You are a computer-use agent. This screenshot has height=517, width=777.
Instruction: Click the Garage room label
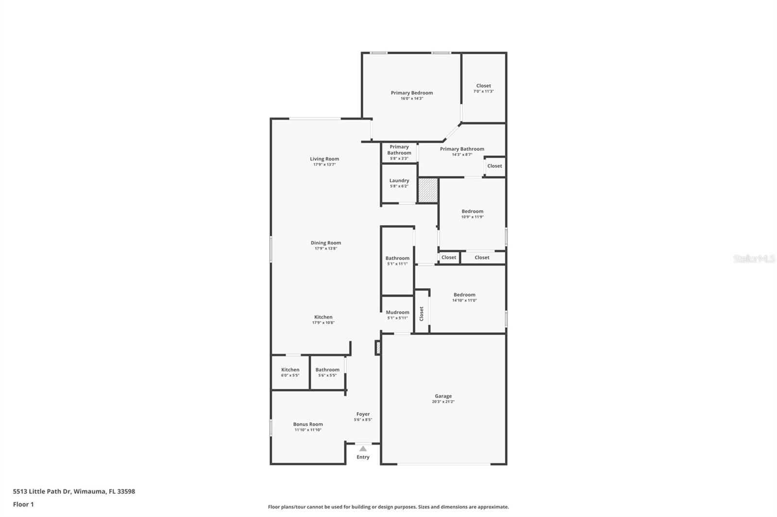(x=443, y=396)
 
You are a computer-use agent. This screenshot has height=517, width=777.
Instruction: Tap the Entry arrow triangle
(x=363, y=449)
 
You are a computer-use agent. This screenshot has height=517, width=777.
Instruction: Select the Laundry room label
(x=399, y=180)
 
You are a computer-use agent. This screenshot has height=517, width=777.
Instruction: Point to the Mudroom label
(x=398, y=312)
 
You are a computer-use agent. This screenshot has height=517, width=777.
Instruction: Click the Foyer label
(x=363, y=414)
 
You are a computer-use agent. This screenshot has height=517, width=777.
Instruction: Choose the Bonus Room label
(x=308, y=424)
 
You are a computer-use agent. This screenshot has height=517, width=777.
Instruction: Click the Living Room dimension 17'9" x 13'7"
(x=324, y=164)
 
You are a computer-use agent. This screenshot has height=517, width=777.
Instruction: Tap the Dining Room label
(x=326, y=243)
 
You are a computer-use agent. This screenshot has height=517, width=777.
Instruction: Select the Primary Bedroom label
(x=412, y=93)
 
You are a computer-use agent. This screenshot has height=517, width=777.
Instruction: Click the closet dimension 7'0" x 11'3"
(x=484, y=92)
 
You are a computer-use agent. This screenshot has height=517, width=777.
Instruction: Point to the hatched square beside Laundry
(x=428, y=190)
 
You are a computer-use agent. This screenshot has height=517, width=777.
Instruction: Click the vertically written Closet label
(x=422, y=314)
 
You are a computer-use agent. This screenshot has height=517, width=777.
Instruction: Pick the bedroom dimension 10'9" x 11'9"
(x=472, y=217)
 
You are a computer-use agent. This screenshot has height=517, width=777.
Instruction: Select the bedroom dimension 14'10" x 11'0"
(x=464, y=300)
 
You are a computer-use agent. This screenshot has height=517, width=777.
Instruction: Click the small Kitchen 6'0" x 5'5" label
(x=290, y=372)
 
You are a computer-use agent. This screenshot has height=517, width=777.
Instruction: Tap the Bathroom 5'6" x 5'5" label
(x=327, y=372)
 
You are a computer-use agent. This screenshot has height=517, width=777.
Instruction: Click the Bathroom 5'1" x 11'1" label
(x=398, y=260)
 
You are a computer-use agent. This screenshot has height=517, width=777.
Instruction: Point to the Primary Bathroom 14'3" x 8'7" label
(x=462, y=151)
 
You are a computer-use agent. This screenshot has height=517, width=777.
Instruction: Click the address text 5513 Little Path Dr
(x=42, y=491)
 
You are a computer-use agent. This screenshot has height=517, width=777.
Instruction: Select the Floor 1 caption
(x=23, y=504)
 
